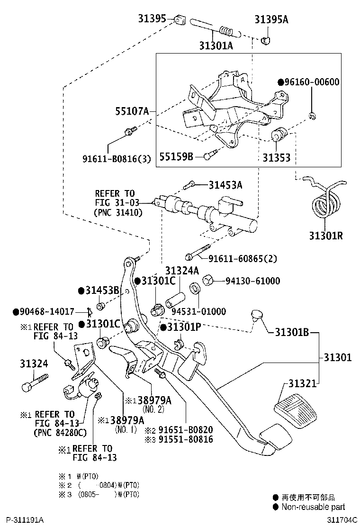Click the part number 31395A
click(x=271, y=20)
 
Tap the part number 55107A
click(x=132, y=111)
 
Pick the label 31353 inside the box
click(x=277, y=157)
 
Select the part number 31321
click(x=301, y=383)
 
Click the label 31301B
click(x=292, y=333)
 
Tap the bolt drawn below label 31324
click(x=34, y=380)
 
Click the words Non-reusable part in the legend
click(x=313, y=507)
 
